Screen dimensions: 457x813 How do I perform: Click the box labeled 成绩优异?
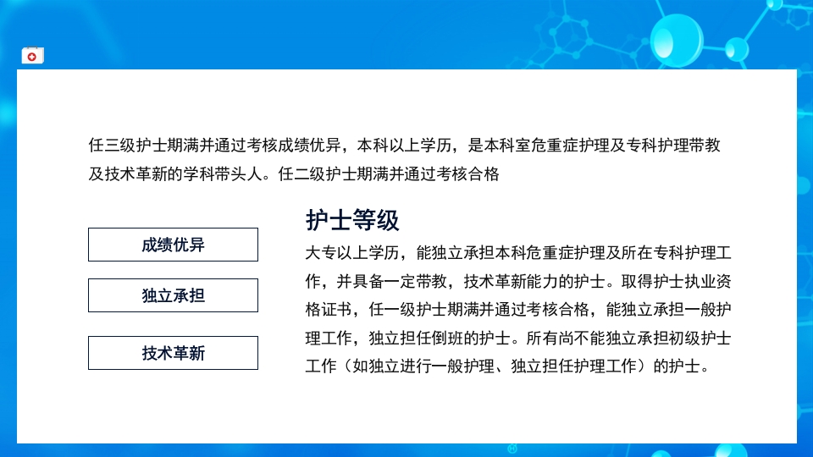(x=173, y=245)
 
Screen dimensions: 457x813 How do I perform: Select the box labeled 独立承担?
(x=173, y=295)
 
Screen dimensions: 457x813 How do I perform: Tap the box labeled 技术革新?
(x=173, y=353)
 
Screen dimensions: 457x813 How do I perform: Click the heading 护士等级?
(x=352, y=221)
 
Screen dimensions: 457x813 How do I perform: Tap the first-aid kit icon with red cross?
(x=33, y=56)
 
